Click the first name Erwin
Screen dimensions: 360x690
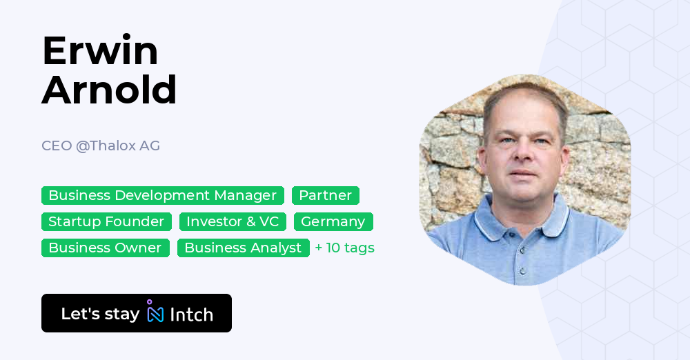click(x=100, y=51)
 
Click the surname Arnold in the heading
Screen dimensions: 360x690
click(x=109, y=90)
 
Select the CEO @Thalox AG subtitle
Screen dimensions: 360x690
click(x=101, y=146)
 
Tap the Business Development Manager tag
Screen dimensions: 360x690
click(x=162, y=195)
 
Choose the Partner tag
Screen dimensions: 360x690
click(x=325, y=195)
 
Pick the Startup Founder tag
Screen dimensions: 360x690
click(x=106, y=221)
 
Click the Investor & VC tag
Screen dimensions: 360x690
click(x=233, y=221)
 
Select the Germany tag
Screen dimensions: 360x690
click(x=333, y=221)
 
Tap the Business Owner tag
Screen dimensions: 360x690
click(x=105, y=248)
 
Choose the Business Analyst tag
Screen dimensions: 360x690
click(x=243, y=248)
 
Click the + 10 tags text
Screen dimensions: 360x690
click(x=344, y=248)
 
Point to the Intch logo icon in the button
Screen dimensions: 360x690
click(x=155, y=312)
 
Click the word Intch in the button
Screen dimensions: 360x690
click(x=191, y=314)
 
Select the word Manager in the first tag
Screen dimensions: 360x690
click(x=245, y=195)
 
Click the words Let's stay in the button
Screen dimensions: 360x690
click(x=100, y=314)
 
